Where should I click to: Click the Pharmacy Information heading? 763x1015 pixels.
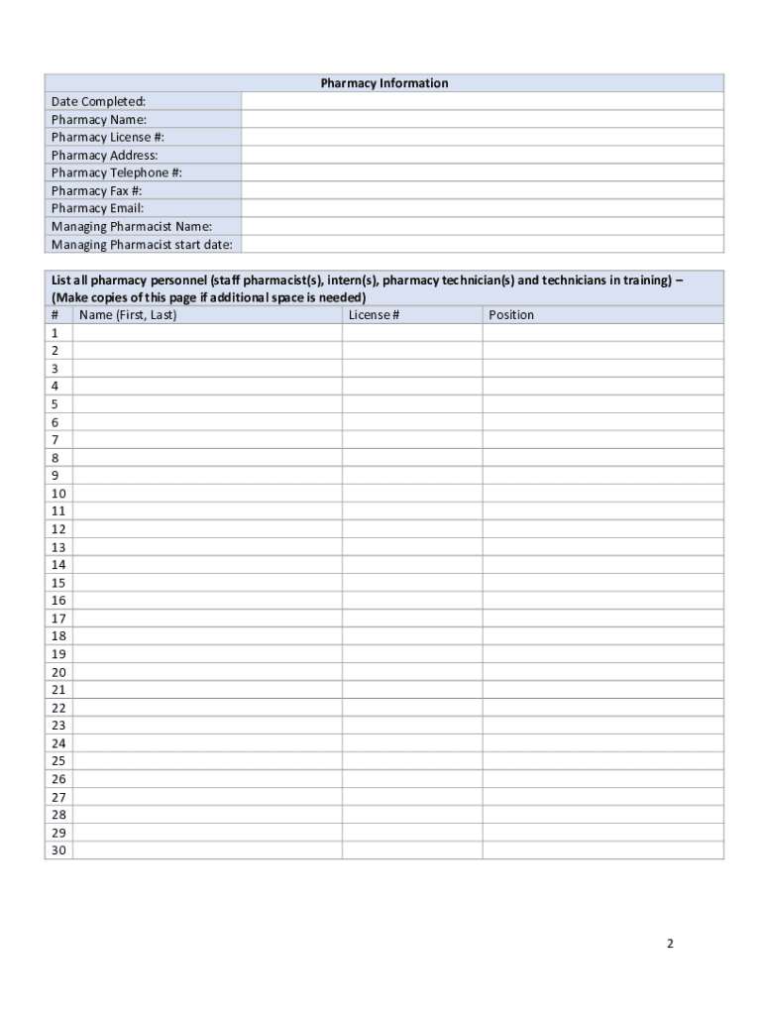384,83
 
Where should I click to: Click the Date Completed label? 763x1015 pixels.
98,101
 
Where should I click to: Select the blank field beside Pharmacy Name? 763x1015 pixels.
483,119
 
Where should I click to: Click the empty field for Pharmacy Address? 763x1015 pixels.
483,155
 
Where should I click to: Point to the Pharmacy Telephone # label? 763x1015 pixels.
117,172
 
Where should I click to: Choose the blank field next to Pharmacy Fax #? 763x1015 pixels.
483,190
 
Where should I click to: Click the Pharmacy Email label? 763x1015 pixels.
97,208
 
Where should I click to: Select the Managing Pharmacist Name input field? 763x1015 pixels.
483,226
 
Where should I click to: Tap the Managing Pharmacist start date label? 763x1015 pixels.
142,244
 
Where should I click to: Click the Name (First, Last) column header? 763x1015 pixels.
128,315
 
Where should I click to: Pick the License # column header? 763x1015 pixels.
375,315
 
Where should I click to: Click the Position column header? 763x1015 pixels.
511,315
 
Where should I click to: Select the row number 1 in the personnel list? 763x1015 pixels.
55,333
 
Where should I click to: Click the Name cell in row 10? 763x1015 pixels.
207,494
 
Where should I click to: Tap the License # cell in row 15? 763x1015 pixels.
412,583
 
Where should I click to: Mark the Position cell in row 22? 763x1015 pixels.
602,708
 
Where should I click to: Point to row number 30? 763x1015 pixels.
58,850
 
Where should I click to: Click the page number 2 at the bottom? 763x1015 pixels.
670,944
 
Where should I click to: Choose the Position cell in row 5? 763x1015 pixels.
602,404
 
